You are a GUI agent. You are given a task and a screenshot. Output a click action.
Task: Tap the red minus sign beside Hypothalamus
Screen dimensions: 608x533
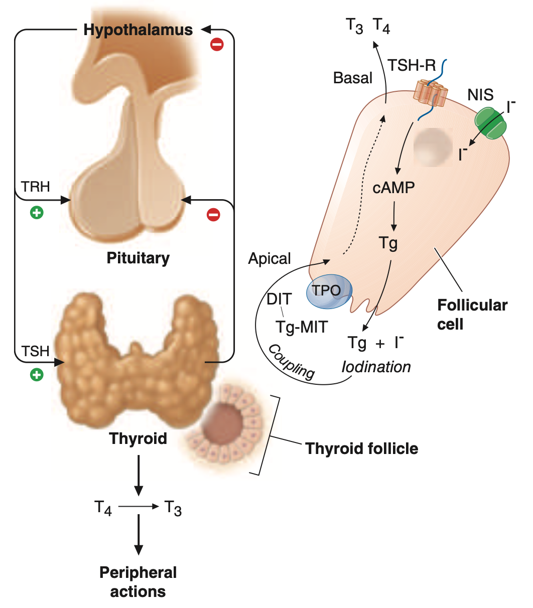point(217,45)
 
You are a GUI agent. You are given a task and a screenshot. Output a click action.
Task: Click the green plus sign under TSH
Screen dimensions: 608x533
point(36,374)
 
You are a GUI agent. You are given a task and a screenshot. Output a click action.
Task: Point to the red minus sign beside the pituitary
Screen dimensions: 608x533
point(213,215)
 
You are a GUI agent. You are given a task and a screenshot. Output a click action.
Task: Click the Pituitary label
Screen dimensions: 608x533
point(138,258)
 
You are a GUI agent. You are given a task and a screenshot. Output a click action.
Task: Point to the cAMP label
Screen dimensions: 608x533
point(393,188)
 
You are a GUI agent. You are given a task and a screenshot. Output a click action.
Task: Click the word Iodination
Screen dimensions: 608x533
point(376,367)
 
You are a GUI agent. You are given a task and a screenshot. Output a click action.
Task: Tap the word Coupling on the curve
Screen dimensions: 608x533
point(292,361)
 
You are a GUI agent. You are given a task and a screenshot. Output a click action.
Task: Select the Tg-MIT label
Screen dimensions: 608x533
point(302,327)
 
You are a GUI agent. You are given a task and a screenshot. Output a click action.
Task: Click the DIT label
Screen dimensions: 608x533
point(279,299)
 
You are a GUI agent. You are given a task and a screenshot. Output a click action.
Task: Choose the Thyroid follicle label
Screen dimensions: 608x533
point(361,448)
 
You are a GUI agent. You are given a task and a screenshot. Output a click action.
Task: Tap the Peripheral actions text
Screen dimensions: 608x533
point(138,582)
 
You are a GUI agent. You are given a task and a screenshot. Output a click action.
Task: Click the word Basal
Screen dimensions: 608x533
point(353,78)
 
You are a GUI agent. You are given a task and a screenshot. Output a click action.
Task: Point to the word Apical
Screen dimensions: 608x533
point(270,259)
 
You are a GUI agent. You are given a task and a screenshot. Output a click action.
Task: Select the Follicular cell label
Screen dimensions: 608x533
point(472,315)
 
